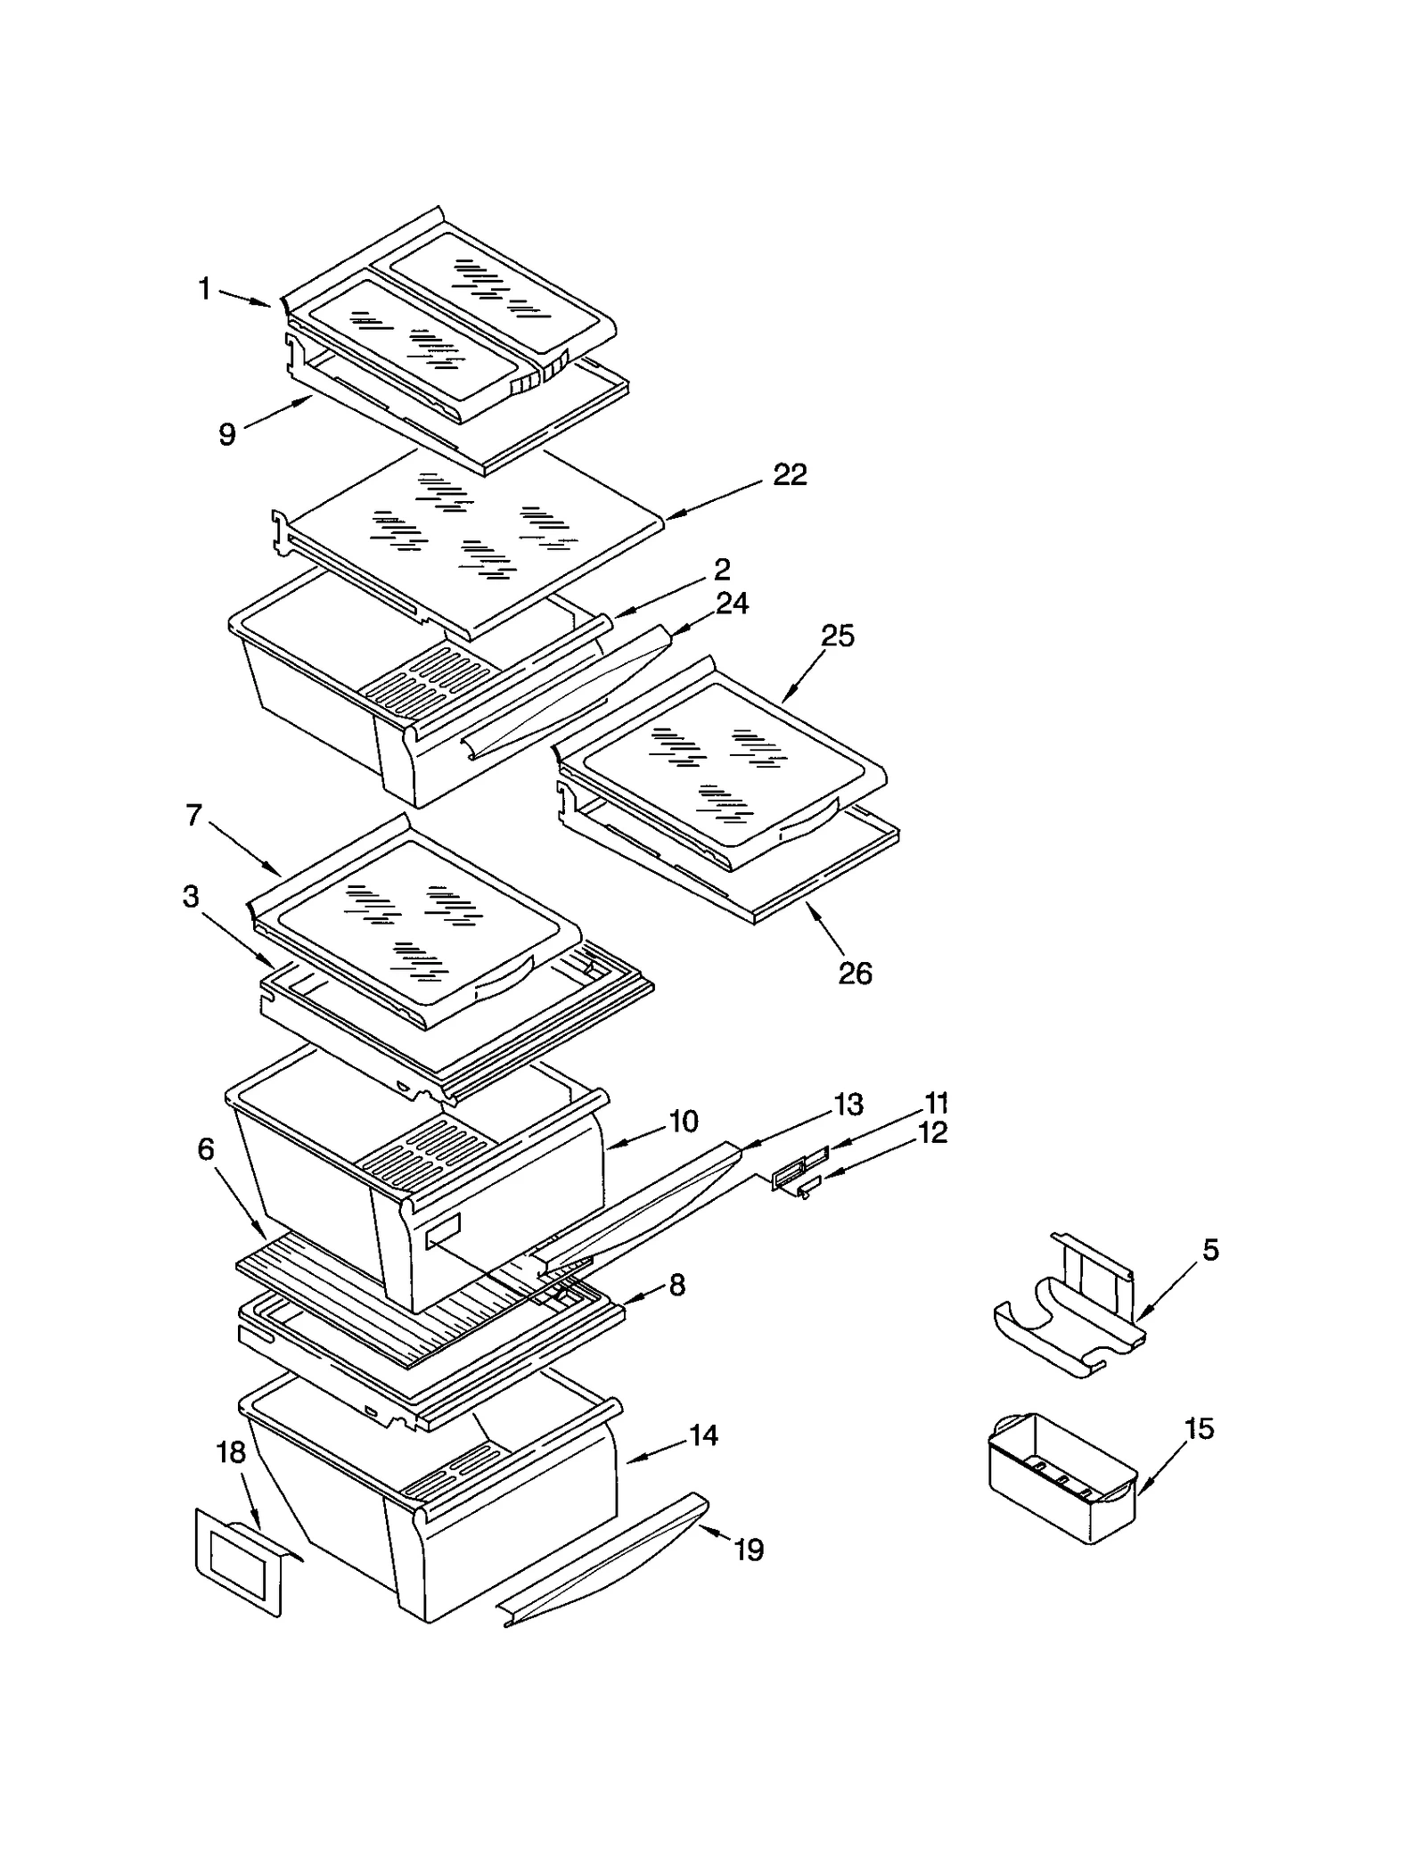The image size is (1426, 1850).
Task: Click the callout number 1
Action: [204, 289]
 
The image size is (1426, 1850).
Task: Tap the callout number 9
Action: [227, 434]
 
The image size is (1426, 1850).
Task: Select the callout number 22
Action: [790, 474]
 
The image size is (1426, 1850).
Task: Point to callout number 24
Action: [732, 604]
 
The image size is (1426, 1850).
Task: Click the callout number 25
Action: [837, 636]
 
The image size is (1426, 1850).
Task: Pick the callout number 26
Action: [855, 973]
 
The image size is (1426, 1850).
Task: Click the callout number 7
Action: [194, 815]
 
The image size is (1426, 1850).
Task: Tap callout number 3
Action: [191, 897]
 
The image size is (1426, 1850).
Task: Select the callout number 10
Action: [683, 1121]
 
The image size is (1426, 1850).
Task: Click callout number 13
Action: [848, 1105]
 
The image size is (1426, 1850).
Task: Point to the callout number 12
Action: [932, 1133]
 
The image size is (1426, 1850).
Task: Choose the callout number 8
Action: [676, 1285]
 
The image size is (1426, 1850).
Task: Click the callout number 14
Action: [703, 1435]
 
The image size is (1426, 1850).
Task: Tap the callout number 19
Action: [749, 1550]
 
